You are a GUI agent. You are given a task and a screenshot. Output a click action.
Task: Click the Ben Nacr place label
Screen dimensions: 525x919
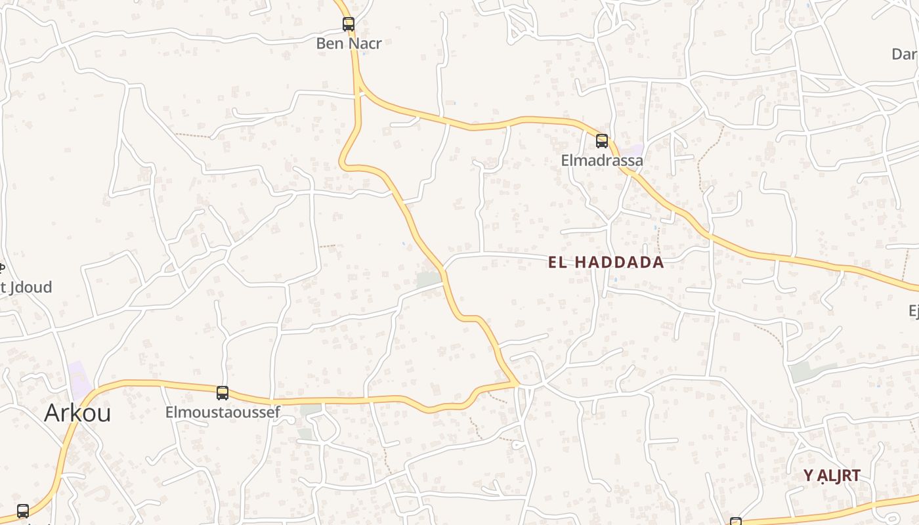(x=349, y=44)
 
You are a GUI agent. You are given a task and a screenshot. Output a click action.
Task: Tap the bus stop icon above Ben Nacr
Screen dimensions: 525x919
(x=349, y=24)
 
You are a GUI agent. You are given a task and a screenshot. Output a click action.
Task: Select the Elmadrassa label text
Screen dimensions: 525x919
(x=602, y=160)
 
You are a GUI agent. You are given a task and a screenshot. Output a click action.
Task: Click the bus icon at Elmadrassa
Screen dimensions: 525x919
(x=602, y=140)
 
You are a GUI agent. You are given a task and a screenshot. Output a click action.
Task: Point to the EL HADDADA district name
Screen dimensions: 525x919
(x=606, y=263)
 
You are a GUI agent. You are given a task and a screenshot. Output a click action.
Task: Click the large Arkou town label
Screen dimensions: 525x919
(x=77, y=413)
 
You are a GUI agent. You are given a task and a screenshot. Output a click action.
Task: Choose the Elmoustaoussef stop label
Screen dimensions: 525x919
(x=223, y=413)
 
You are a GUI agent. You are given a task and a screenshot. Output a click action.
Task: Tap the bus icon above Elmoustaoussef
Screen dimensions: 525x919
(x=223, y=393)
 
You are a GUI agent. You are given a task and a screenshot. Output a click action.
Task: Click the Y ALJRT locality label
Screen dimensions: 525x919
(x=832, y=476)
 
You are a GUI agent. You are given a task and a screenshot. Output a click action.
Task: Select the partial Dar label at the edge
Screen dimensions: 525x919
(x=905, y=54)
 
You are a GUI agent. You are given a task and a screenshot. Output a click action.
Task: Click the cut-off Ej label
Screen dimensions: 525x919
(x=913, y=310)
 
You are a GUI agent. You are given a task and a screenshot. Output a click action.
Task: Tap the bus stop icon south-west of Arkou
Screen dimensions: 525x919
(x=23, y=511)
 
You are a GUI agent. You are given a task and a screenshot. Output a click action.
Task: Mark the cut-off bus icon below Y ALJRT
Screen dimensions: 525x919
(x=736, y=521)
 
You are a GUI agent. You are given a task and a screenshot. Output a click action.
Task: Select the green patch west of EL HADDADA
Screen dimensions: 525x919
(x=428, y=280)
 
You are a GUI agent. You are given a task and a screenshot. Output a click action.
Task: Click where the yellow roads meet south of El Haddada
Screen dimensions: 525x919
(x=517, y=383)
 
